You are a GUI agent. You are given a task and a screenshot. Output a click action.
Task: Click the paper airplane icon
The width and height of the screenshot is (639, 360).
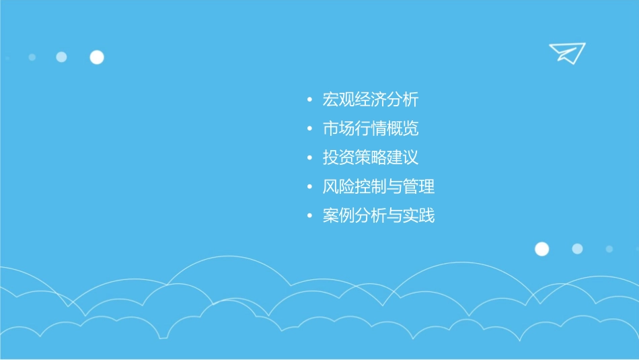point(566,52)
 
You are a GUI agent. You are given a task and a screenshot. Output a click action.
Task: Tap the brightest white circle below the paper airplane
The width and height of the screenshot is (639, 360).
point(541,249)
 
